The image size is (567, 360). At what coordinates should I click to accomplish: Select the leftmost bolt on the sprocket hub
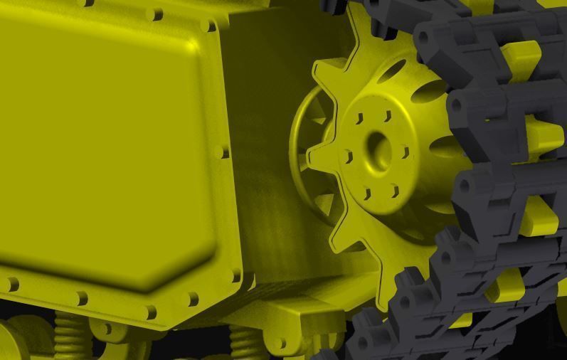click(x=346, y=156)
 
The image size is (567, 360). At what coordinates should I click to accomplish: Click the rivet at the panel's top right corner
click(x=208, y=26)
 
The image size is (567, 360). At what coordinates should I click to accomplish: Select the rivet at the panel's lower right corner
click(x=235, y=275)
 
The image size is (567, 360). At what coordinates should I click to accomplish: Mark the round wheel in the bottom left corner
click(x=14, y=342)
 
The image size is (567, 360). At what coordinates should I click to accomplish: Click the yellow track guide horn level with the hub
click(x=544, y=135)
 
